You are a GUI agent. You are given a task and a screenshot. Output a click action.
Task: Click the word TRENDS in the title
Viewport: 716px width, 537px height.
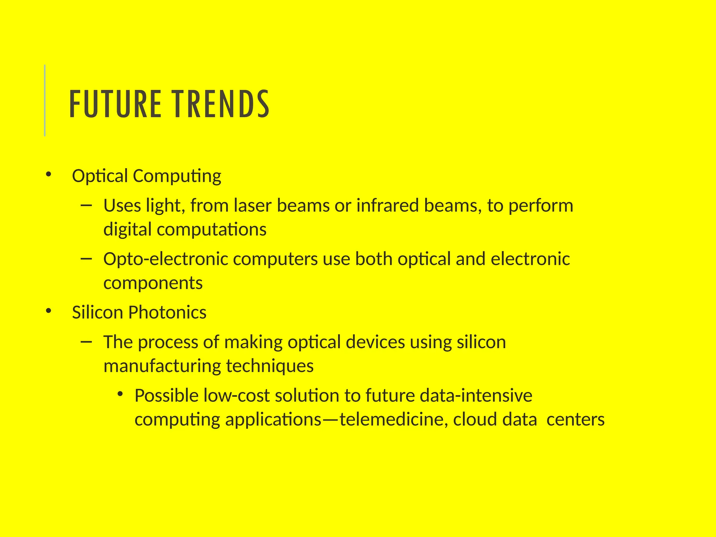coord(221,104)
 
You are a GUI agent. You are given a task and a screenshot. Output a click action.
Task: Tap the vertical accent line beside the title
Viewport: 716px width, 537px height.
coord(45,100)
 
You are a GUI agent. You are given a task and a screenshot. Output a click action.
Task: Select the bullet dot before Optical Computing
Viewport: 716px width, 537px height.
coord(48,174)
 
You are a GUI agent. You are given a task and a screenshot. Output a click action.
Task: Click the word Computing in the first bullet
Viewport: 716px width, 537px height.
coord(177,176)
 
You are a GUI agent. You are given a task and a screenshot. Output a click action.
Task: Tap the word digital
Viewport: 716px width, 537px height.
coord(127,230)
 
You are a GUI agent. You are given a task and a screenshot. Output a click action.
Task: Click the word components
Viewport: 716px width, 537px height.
coord(153,283)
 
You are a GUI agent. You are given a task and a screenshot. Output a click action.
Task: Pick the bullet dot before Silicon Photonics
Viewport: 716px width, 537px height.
coord(48,310)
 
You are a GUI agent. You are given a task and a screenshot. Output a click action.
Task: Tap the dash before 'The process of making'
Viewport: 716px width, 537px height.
coord(86,341)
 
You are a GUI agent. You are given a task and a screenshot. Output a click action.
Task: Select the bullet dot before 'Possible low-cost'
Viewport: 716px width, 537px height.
coord(121,394)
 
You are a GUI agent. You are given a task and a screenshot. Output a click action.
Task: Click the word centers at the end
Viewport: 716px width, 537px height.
coord(575,420)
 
